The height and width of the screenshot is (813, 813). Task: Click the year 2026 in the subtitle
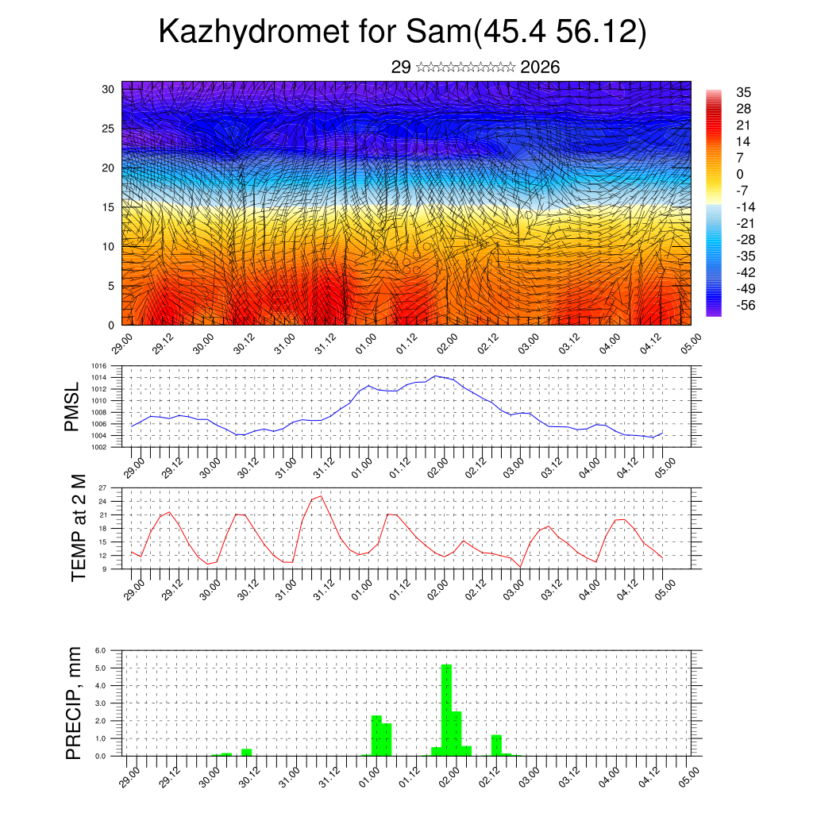pos(541,67)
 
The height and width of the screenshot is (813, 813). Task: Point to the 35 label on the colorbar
pos(744,92)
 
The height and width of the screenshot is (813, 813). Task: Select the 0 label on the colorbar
pos(741,174)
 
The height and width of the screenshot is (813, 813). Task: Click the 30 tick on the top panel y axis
pos(108,89)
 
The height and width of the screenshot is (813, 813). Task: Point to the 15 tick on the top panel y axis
pos(108,207)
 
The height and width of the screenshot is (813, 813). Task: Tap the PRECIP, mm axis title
pos(74,702)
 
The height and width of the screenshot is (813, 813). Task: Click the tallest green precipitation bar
pos(446,710)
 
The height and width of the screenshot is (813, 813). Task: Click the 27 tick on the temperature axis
pos(103,487)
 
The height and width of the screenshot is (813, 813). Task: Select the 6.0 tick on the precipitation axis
pos(101,650)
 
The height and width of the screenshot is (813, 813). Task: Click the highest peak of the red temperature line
pos(320,496)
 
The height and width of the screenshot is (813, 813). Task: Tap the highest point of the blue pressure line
pos(436,376)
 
